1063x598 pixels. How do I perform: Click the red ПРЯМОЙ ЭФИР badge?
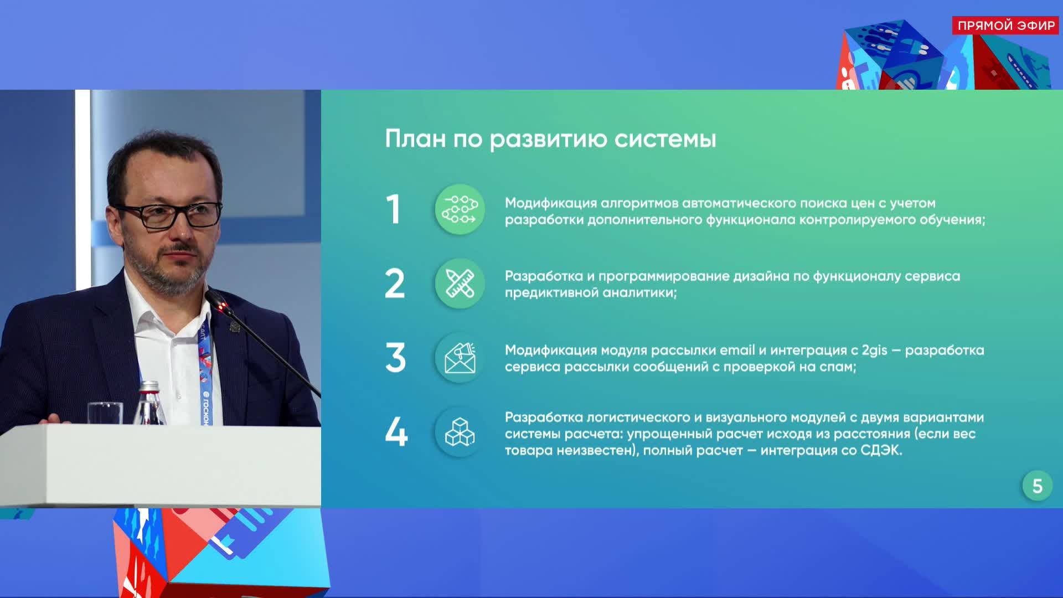(x=1005, y=25)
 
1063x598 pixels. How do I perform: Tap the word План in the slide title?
(x=415, y=138)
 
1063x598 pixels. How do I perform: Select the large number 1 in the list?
(x=394, y=210)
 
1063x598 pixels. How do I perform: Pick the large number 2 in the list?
(x=395, y=284)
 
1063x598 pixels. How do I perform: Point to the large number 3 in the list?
(x=395, y=358)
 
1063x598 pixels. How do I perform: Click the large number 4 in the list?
(x=396, y=432)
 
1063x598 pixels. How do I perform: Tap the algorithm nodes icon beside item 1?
(x=460, y=210)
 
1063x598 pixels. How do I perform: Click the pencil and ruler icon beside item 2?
(x=460, y=284)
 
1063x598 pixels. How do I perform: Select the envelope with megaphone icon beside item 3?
(x=460, y=358)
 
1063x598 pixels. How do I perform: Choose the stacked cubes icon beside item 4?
(x=460, y=432)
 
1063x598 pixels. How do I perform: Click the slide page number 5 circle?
(x=1037, y=486)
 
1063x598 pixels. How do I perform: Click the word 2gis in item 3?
(x=874, y=350)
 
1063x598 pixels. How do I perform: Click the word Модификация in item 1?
(x=550, y=203)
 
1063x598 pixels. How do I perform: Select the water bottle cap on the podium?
(x=148, y=387)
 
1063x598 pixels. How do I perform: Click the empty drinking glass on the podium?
(x=105, y=413)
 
